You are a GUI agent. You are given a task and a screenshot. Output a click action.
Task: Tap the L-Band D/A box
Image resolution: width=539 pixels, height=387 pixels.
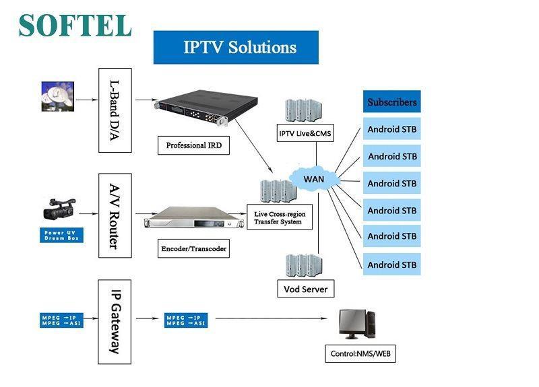coord(115,110)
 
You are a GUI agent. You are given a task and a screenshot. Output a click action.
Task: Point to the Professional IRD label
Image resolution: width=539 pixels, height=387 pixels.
coord(193,145)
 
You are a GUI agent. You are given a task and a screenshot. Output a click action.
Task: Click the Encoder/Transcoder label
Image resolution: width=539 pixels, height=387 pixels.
coord(194,248)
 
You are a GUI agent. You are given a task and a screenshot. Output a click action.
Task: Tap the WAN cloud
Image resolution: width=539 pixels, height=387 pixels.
coord(314,179)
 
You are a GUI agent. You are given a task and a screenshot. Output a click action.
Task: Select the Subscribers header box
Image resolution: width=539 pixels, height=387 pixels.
coord(391,102)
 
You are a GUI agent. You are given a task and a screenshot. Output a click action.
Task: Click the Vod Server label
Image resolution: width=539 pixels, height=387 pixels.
coord(305,289)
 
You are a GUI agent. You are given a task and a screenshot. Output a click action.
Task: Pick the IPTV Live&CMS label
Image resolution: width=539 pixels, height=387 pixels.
coord(305,133)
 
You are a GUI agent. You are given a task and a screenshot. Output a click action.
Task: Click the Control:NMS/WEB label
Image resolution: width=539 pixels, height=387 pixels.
coord(360,353)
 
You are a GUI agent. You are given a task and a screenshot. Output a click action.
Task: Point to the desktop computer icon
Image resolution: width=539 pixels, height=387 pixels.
coord(357,326)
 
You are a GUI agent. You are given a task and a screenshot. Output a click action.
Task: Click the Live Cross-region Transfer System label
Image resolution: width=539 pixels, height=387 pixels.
coord(279,218)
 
